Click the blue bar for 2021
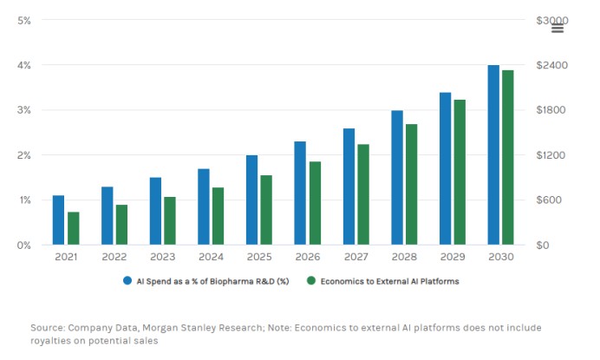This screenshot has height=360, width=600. [x=58, y=220]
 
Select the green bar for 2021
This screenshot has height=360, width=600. [x=74, y=228]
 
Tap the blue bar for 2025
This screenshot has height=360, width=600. [x=251, y=200]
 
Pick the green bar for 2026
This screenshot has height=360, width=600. [x=315, y=203]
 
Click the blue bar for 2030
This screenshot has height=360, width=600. [x=492, y=155]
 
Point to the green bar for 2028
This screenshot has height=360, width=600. [x=412, y=184]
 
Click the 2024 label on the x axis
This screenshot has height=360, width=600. [x=211, y=258]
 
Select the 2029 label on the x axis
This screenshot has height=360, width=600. [x=453, y=258]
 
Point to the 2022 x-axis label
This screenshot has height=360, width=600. [x=114, y=258]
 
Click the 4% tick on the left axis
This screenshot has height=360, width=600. [x=24, y=65]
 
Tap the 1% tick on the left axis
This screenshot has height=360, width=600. [x=24, y=200]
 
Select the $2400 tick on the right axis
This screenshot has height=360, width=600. [x=551, y=65]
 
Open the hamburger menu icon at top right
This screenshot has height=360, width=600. [x=558, y=28]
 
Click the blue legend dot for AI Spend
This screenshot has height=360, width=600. [x=127, y=281]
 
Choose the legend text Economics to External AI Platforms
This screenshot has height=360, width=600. [x=389, y=281]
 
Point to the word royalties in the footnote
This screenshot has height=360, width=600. [x=51, y=341]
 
